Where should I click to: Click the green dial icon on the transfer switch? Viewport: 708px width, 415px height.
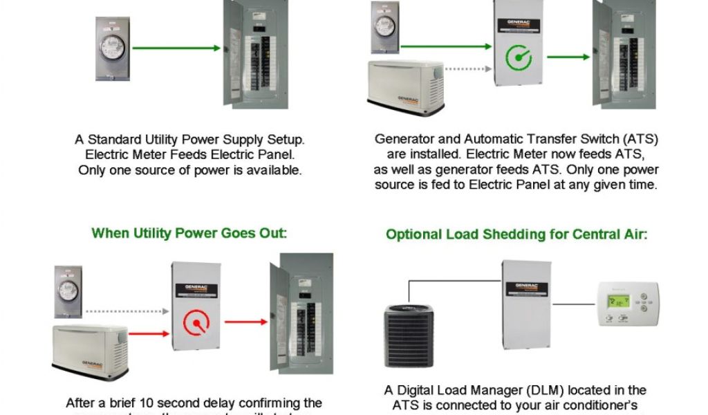click(519, 57)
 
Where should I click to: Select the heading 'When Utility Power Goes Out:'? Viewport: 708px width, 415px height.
click(189, 233)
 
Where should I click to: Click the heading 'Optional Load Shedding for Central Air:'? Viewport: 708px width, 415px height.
click(516, 234)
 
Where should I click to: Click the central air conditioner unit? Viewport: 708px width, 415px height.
click(409, 332)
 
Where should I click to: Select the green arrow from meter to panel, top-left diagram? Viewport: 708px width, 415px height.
click(176, 48)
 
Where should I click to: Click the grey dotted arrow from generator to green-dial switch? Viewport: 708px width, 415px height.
click(467, 68)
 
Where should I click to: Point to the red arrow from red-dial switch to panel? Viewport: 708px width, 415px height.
click(245, 322)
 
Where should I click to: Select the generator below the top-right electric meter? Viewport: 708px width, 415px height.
click(405, 87)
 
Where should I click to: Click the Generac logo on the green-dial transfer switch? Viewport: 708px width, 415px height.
click(519, 23)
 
